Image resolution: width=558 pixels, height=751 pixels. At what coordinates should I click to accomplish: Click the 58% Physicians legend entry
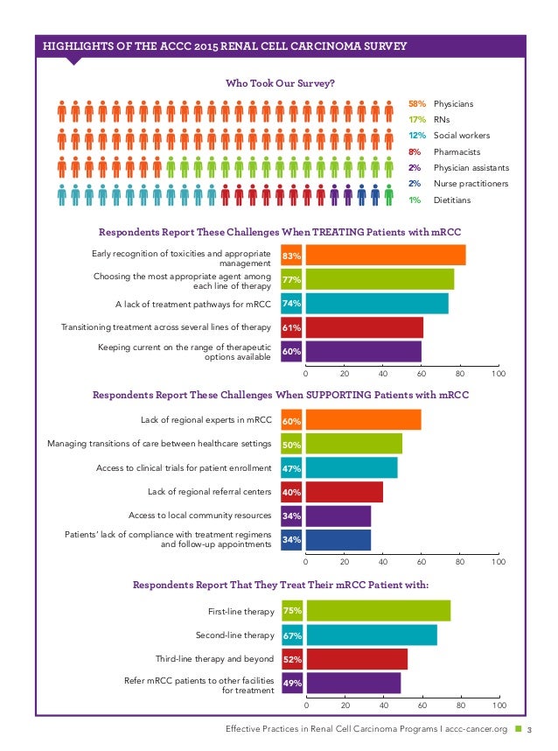[441, 104]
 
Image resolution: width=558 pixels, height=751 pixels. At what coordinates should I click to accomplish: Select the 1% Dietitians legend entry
[441, 200]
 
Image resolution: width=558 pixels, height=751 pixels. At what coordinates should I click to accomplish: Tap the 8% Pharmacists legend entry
[441, 151]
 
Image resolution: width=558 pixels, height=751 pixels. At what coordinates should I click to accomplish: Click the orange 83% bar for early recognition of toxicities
[386, 256]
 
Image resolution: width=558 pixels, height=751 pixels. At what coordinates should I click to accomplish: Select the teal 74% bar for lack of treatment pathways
[377, 304]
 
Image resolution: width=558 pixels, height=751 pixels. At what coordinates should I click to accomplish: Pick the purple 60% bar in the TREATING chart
[364, 352]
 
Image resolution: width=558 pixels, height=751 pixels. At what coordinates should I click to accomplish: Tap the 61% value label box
[291, 328]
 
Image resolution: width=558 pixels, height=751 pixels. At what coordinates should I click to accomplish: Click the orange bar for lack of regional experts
[363, 420]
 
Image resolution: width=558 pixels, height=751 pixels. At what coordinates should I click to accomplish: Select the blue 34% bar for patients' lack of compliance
[338, 540]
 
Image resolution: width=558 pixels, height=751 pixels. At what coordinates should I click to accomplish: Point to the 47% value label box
[291, 468]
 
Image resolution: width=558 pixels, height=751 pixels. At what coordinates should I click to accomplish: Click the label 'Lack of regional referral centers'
[210, 492]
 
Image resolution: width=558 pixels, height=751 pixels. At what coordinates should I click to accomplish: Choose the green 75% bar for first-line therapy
[378, 611]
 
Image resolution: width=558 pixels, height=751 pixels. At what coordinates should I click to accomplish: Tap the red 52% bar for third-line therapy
[357, 659]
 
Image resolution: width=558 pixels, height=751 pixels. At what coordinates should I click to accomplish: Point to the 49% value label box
[291, 684]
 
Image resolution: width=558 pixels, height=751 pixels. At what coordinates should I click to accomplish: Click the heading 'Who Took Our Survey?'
[280, 83]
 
